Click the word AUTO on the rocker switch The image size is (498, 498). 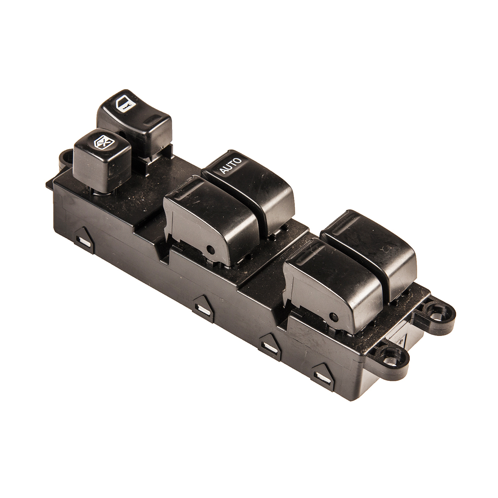tap(230, 166)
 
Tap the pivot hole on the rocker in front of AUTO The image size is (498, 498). tap(211, 249)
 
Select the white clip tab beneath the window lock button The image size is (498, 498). tap(85, 242)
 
